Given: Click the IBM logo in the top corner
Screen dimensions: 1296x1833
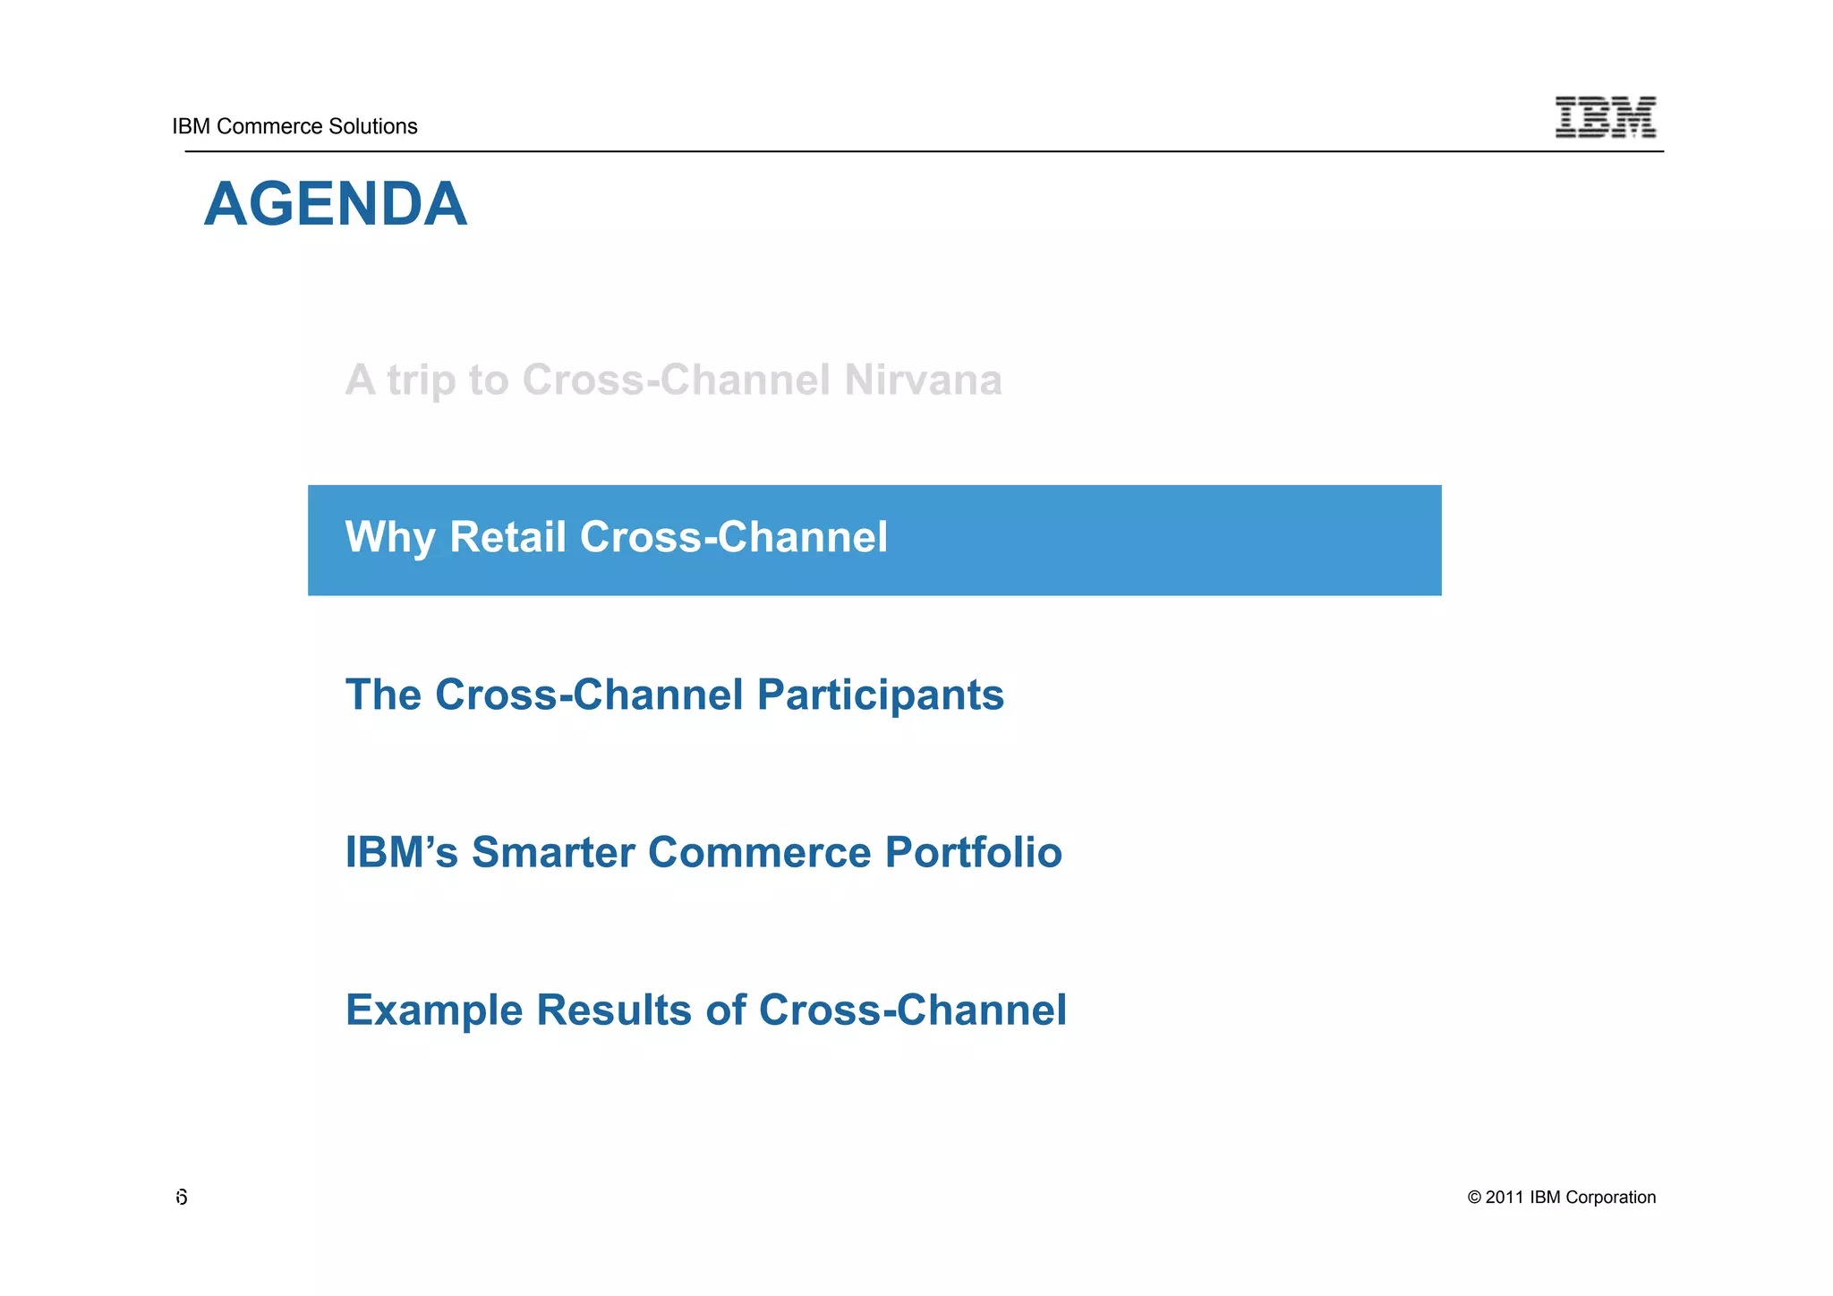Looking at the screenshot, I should [1605, 117].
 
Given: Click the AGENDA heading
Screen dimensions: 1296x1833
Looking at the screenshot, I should [335, 204].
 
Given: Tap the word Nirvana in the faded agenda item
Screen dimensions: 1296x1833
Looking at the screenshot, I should [922, 379].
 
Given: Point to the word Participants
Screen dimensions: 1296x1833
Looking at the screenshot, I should [880, 695].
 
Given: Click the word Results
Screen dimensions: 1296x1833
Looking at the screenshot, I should [613, 1010].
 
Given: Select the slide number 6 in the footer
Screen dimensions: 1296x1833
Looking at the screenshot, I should [182, 1198].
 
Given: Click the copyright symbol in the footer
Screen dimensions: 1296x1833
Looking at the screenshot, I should [1474, 1198].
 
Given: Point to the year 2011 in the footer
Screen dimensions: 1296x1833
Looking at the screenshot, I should [1505, 1198].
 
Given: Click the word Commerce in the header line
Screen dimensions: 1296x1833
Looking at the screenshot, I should [260, 126].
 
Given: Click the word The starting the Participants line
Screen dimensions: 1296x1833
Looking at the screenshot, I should [383, 695].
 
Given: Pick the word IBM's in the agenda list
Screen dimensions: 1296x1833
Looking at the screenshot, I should [401, 852].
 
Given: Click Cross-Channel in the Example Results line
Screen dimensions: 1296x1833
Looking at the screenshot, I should [912, 1010].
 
